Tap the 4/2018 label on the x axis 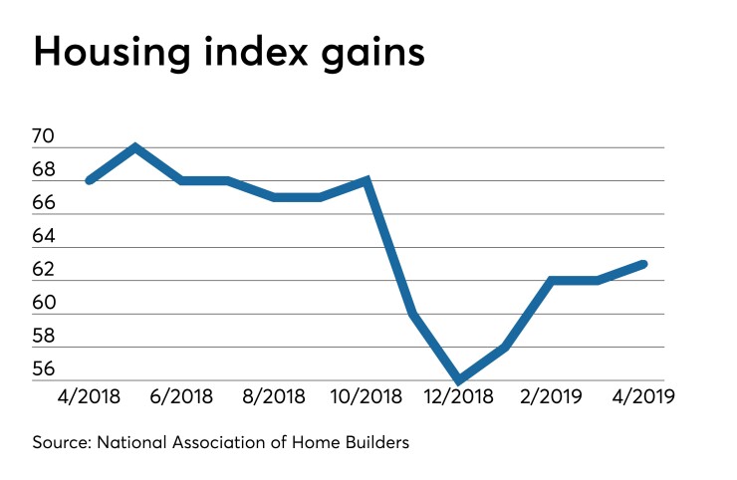(x=90, y=395)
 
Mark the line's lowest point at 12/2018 (x=459, y=380)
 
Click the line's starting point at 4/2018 (x=90, y=180)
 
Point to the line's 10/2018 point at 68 (x=367, y=180)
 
